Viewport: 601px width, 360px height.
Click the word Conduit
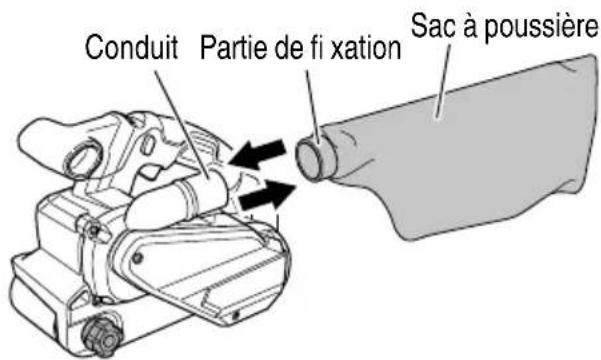pyautogui.click(x=131, y=48)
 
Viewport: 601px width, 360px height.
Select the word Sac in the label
pyautogui.click(x=433, y=25)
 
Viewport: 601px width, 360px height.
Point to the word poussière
pyautogui.click(x=541, y=28)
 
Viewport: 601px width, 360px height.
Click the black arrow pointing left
pyautogui.click(x=258, y=154)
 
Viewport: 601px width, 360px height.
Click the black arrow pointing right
pyautogui.click(x=267, y=195)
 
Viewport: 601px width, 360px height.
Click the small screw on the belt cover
pyautogui.click(x=136, y=257)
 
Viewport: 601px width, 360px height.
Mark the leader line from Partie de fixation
pyautogui.click(x=313, y=107)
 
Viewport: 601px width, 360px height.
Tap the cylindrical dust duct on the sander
pyautogui.click(x=180, y=202)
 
